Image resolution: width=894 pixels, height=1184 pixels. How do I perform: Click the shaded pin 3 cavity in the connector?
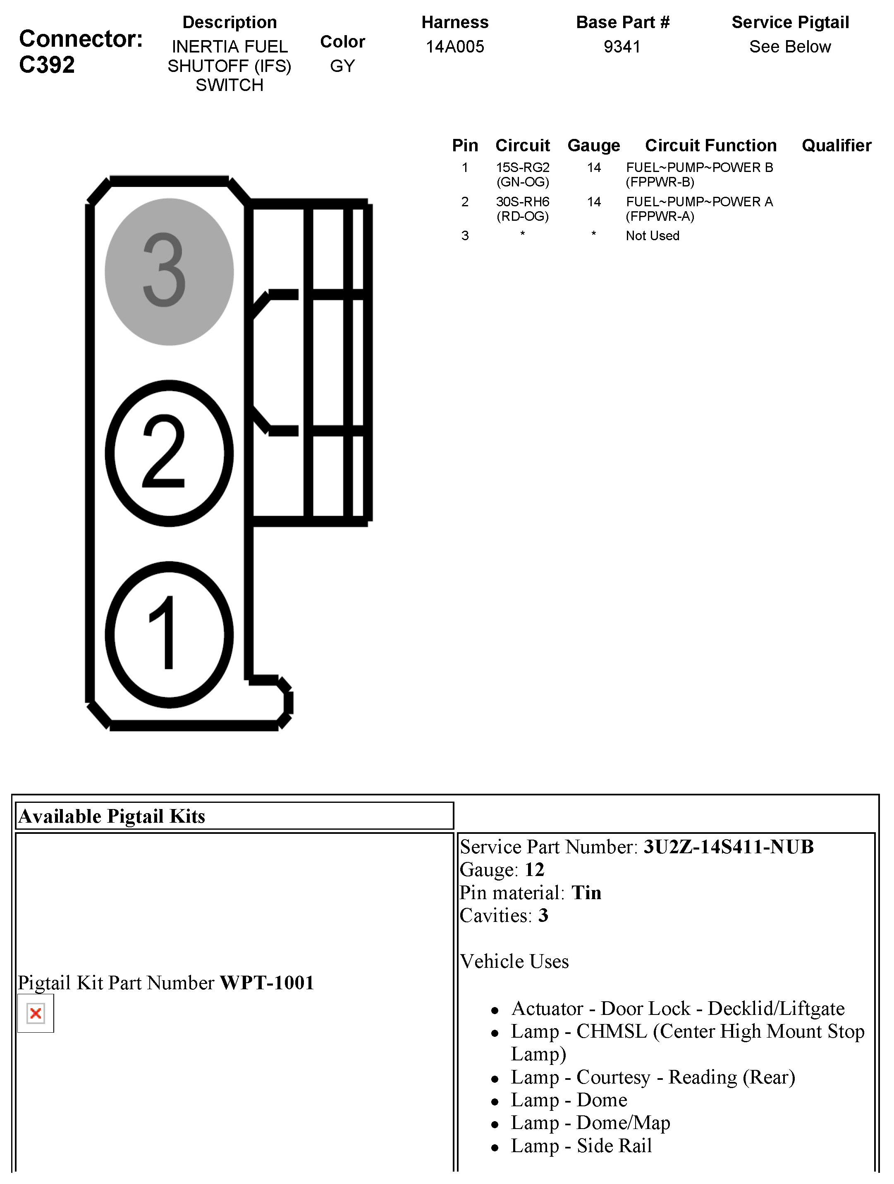pyautogui.click(x=169, y=272)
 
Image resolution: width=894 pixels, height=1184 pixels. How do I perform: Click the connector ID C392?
pyautogui.click(x=47, y=65)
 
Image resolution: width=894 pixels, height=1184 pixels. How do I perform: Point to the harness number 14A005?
pyautogui.click(x=454, y=47)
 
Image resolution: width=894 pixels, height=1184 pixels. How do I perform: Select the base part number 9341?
pyautogui.click(x=622, y=47)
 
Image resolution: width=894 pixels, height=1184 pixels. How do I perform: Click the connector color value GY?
pyautogui.click(x=342, y=66)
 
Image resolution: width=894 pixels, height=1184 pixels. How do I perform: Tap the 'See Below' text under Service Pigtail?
pyautogui.click(x=790, y=47)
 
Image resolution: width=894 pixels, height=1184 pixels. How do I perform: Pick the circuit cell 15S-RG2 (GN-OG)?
pyautogui.click(x=523, y=174)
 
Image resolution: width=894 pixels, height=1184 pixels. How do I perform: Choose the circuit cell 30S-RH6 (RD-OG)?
pyautogui.click(x=523, y=209)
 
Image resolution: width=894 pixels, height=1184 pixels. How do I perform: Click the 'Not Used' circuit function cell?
pyautogui.click(x=652, y=236)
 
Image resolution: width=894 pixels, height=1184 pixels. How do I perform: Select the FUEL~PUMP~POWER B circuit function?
pyautogui.click(x=699, y=174)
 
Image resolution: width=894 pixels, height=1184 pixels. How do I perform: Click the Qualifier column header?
pyautogui.click(x=836, y=145)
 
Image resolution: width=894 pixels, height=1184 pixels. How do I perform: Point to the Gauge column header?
pyautogui.click(x=593, y=145)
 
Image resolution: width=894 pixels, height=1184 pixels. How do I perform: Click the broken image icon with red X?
pyautogui.click(x=36, y=1013)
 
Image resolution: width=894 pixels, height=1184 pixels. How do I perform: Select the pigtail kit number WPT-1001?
pyautogui.click(x=267, y=983)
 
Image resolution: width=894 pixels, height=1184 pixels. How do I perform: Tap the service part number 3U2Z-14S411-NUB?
pyautogui.click(x=728, y=847)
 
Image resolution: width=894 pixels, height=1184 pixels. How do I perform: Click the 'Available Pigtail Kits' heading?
pyautogui.click(x=112, y=816)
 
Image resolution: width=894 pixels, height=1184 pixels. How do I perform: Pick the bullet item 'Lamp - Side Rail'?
pyautogui.click(x=581, y=1146)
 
